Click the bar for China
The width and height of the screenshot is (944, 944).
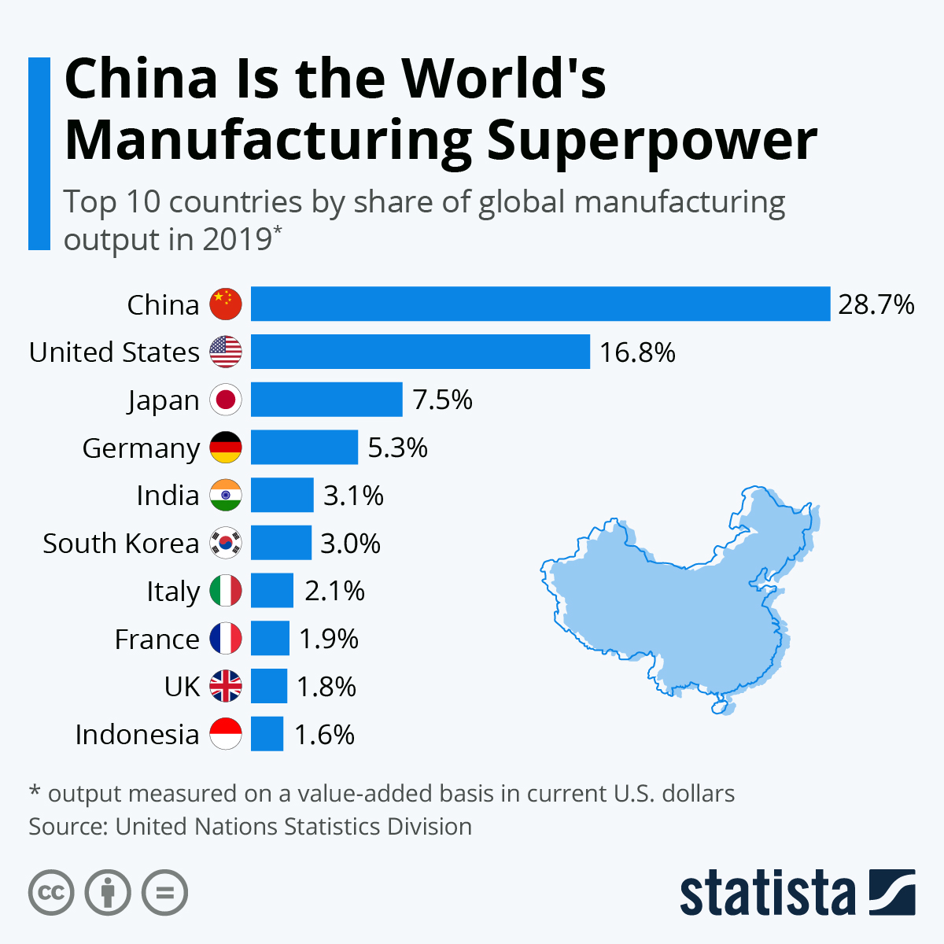(540, 304)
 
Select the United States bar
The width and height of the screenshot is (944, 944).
(420, 352)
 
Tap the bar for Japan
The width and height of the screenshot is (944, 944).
(326, 400)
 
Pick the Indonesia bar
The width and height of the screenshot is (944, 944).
(267, 734)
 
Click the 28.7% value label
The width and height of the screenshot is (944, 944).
(876, 304)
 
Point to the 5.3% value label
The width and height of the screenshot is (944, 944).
(397, 448)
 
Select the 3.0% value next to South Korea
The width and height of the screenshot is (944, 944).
(350, 544)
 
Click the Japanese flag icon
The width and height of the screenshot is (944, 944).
(226, 400)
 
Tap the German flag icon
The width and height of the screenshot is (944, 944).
(226, 448)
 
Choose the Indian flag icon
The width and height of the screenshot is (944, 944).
(226, 496)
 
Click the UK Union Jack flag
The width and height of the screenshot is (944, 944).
(226, 687)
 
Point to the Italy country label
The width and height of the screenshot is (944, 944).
(173, 592)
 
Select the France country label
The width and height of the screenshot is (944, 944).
(157, 640)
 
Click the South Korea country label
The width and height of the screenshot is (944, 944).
(120, 544)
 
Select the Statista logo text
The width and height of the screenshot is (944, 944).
(767, 893)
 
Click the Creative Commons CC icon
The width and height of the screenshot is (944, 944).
(51, 893)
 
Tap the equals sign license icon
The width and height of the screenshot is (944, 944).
(164, 893)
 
